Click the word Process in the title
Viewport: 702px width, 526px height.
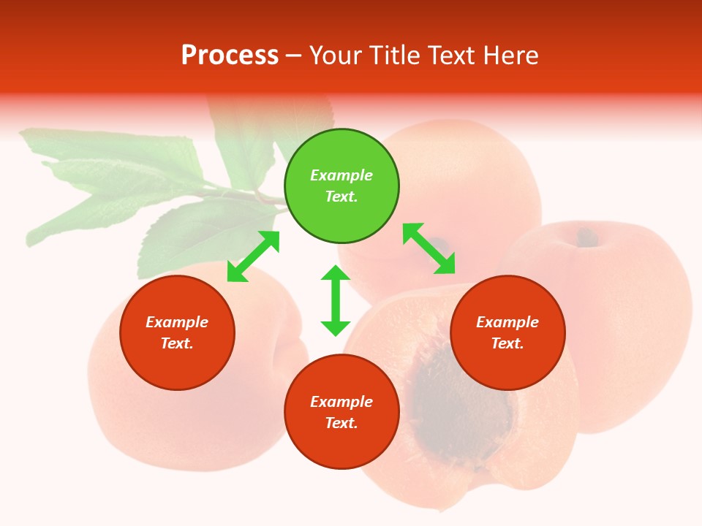[x=230, y=56]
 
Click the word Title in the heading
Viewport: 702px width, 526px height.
[x=395, y=56]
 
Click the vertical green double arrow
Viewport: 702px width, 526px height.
[x=336, y=300]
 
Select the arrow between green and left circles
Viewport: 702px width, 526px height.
[x=253, y=256]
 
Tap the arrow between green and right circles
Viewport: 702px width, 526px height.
[x=429, y=248]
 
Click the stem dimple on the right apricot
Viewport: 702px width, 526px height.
[x=586, y=237]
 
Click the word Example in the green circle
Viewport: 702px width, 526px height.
[x=341, y=175]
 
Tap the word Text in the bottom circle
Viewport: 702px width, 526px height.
[x=341, y=423]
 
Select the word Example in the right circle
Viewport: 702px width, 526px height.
[x=507, y=322]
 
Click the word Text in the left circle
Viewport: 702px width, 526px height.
[x=177, y=343]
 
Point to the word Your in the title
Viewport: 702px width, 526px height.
[x=333, y=56]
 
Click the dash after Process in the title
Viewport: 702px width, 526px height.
[x=294, y=56]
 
